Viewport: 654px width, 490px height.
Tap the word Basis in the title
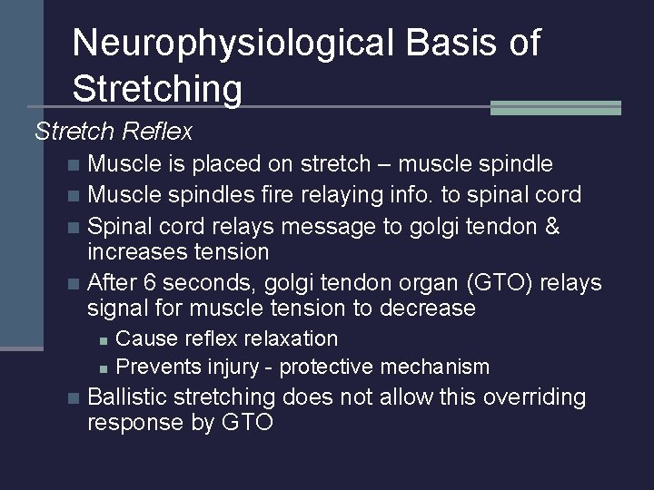click(441, 43)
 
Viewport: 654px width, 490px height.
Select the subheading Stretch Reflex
click(114, 132)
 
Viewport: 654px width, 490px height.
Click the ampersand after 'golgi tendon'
click(550, 226)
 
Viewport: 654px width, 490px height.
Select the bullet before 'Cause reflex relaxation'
click(104, 339)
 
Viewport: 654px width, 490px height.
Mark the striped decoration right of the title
click(555, 107)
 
